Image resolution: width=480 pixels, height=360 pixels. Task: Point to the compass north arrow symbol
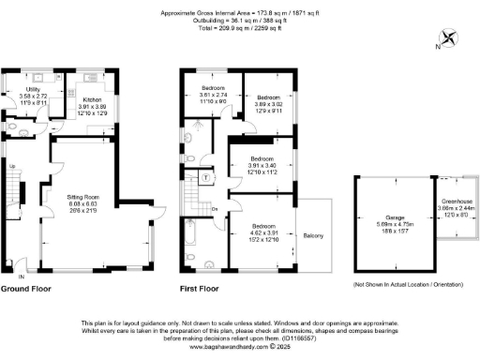tap(449, 39)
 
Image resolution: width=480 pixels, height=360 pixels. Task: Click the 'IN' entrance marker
tap(21, 277)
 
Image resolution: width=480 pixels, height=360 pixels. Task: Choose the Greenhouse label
tap(456, 207)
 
